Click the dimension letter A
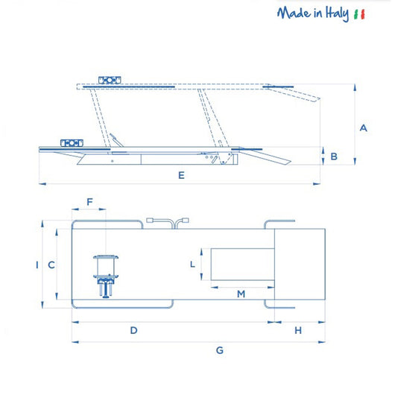[363, 127]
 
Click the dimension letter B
[334, 157]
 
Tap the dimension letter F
[90, 202]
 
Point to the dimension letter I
[37, 265]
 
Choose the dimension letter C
[51, 265]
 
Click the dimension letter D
[133, 329]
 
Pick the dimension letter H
[297, 329]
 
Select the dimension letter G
[219, 350]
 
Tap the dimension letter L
[192, 265]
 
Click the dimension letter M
[241, 294]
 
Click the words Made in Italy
[312, 14]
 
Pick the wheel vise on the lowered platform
[69, 142]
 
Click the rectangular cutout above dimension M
[243, 265]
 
